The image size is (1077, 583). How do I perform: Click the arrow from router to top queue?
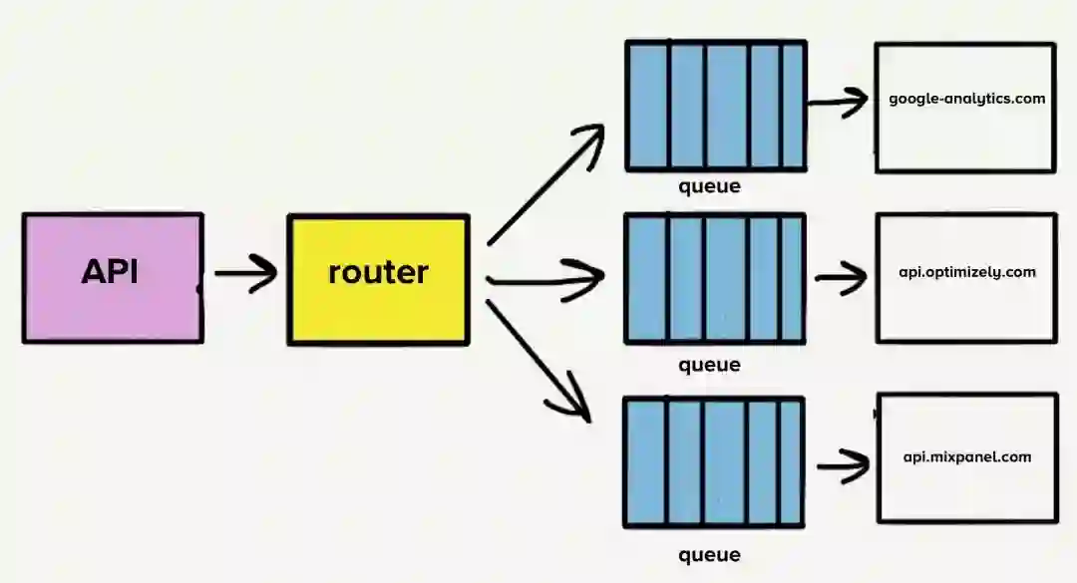545,184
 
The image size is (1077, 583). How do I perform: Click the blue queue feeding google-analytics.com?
714,106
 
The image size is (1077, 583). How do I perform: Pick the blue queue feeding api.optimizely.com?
714,278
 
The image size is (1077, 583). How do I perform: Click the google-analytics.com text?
966,99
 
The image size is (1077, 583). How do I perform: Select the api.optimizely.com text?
966,272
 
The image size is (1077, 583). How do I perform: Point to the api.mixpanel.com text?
966,457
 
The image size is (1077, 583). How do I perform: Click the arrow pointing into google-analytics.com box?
838,101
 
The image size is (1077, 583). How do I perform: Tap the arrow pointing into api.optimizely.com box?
841,277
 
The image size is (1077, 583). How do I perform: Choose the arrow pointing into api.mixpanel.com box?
844,464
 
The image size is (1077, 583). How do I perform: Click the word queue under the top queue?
709,186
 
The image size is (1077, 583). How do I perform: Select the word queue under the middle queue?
709,365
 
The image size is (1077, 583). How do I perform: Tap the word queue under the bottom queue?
709,555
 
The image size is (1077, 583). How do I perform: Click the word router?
378,272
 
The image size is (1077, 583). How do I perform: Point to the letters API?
110,272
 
